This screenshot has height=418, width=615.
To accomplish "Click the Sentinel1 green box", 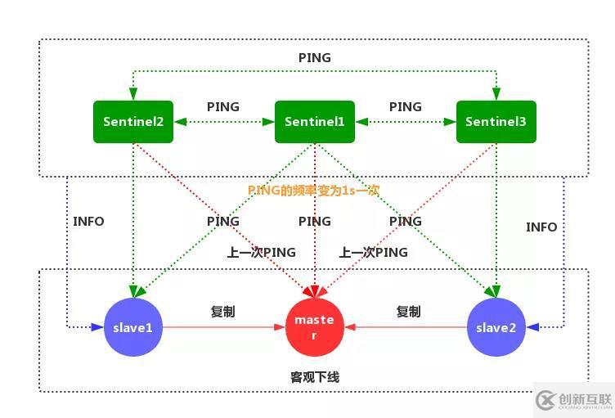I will click(x=315, y=122).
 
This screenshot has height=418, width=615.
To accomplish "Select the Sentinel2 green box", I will click(x=133, y=122).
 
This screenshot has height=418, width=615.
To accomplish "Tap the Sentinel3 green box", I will click(x=496, y=122).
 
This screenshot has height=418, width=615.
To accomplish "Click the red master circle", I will click(x=314, y=326).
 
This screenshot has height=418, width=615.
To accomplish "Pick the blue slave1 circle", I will click(x=133, y=327).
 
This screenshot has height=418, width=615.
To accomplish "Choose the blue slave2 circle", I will click(x=496, y=327).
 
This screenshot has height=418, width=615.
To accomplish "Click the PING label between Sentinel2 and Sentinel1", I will click(x=223, y=106).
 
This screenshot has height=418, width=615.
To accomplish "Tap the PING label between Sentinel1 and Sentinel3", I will click(x=406, y=106).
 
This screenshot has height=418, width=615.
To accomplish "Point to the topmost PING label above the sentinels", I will click(x=315, y=57).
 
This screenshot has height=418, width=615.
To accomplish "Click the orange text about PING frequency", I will click(x=314, y=190).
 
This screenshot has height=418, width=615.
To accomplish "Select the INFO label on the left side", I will click(x=88, y=221).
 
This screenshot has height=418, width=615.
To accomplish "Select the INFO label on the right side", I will click(x=541, y=227).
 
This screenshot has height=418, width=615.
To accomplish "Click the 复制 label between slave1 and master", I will click(x=223, y=312).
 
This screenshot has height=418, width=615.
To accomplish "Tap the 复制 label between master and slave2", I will click(x=409, y=312).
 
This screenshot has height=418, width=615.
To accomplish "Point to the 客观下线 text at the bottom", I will click(x=315, y=377).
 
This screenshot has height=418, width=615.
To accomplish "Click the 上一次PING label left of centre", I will click(x=262, y=253).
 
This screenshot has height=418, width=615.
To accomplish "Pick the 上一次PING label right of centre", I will click(x=373, y=253).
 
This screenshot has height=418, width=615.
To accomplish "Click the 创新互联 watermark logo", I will click(x=572, y=399).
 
